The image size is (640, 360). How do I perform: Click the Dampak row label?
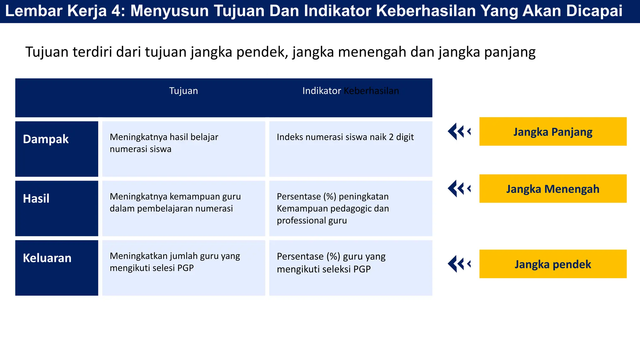(46, 139)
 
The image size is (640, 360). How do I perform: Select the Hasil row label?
(36, 199)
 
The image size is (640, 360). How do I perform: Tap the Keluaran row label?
(47, 258)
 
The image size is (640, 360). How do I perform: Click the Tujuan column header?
(183, 91)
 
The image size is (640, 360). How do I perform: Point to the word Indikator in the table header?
(321, 91)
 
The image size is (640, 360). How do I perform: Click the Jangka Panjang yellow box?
(552, 132)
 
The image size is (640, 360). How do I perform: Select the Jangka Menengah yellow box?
(552, 189)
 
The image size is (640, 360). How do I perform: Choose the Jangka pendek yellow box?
(552, 264)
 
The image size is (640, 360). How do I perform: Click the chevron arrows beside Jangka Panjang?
(459, 132)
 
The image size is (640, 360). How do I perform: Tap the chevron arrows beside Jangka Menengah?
(459, 189)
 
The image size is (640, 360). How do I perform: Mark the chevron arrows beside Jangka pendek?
(459, 264)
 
